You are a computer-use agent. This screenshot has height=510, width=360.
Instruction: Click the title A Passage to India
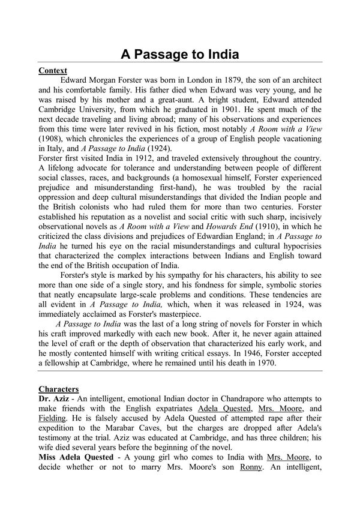coord(180,55)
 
